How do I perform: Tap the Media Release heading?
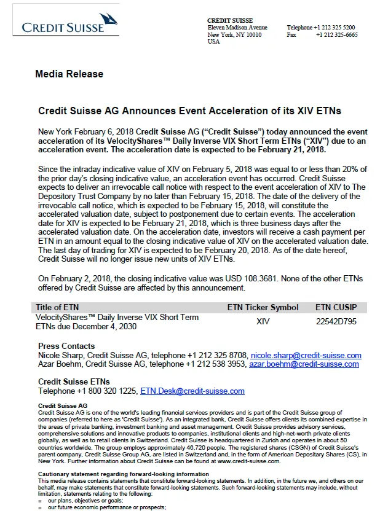(x=69, y=74)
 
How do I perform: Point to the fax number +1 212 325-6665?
(x=336, y=35)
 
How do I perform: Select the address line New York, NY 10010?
(x=234, y=35)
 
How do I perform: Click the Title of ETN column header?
(x=57, y=307)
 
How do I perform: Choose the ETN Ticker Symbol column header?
(x=263, y=307)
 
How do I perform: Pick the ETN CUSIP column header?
(x=340, y=307)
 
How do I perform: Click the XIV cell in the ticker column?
(x=263, y=321)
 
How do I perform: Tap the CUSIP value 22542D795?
(x=336, y=321)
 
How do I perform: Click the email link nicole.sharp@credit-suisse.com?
(x=306, y=356)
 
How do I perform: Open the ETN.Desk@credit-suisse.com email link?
(x=192, y=391)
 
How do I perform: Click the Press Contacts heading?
(x=66, y=346)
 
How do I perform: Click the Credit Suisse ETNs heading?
(x=74, y=382)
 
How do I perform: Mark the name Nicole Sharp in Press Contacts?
(x=61, y=356)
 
